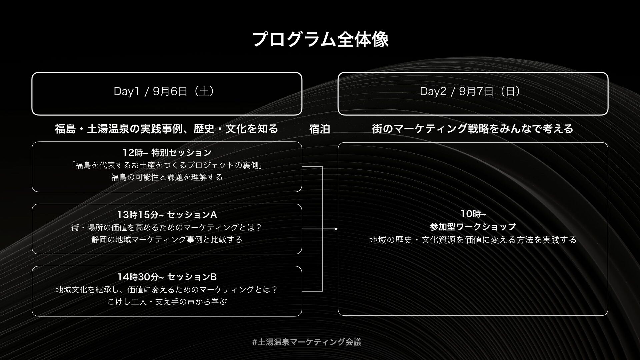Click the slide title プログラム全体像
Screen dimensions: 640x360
320,40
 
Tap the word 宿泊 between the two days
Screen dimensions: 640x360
319,129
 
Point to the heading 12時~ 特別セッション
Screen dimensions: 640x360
167,153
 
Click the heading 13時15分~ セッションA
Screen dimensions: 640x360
167,215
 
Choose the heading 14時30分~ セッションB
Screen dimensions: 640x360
167,277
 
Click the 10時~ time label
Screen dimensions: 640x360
473,213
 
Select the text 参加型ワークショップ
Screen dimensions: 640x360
473,227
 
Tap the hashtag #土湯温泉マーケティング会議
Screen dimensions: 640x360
307,342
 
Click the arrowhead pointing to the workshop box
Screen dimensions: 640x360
336,229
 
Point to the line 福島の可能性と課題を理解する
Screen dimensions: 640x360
167,177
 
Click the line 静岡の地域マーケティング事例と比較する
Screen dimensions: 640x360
167,240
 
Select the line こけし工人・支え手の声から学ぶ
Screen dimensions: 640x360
167,302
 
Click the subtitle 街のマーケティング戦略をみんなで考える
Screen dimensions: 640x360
473,129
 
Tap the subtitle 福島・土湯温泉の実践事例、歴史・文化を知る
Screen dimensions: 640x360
166,129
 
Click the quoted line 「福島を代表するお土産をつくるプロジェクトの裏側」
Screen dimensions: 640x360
167,165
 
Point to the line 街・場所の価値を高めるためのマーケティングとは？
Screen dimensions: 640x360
167,228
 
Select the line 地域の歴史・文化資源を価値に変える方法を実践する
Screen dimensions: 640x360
473,240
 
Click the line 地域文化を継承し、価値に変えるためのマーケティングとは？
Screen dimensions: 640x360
167,289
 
